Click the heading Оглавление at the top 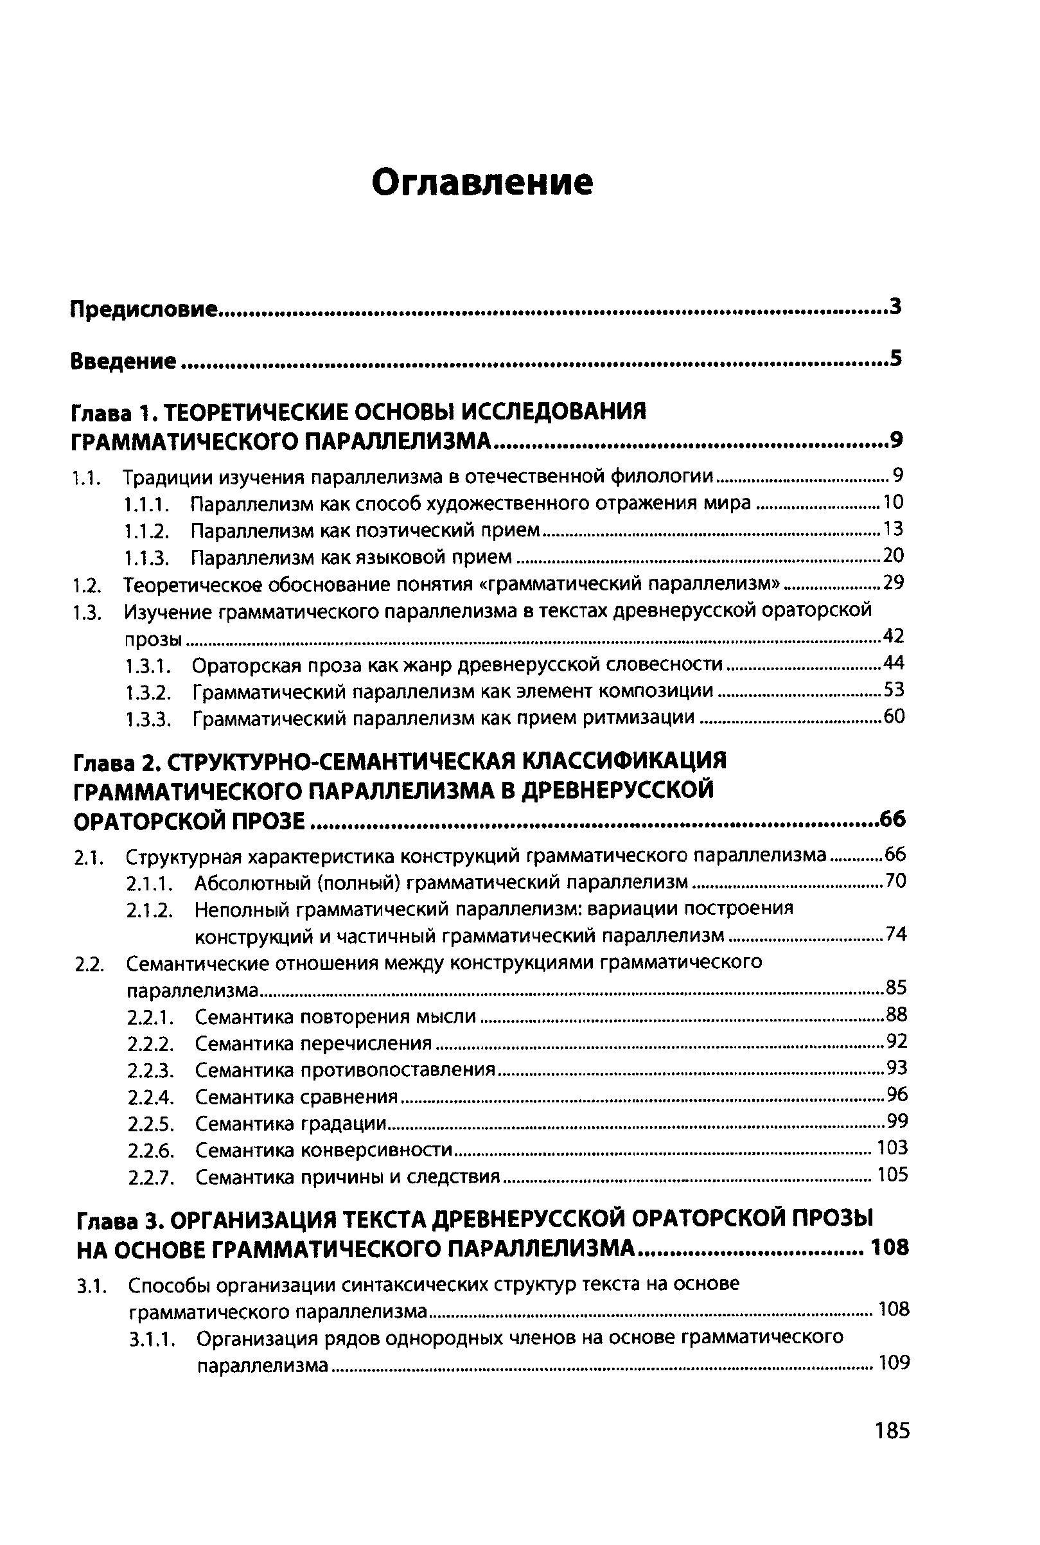click(x=482, y=182)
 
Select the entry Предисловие click(x=144, y=309)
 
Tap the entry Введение click(x=123, y=361)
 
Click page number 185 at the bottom click(x=892, y=1449)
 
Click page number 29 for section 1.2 click(x=894, y=583)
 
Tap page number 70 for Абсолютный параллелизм click(x=895, y=881)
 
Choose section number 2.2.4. click(x=151, y=1098)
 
